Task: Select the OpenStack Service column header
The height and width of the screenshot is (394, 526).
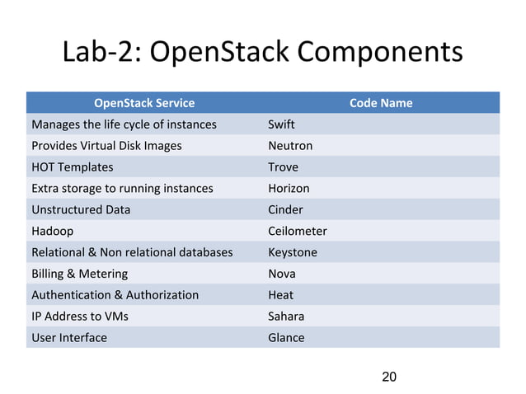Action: (144, 103)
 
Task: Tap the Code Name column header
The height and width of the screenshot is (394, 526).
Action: (381, 103)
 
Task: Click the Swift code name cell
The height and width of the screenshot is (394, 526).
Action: (281, 124)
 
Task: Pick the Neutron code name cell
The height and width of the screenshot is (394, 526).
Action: (290, 146)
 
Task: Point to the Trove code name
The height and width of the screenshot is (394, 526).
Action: (283, 167)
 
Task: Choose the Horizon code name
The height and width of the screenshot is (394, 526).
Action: (289, 189)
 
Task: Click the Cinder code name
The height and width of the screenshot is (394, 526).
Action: (285, 209)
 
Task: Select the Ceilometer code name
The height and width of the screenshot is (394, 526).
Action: (298, 231)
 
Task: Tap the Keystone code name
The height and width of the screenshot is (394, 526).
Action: (293, 252)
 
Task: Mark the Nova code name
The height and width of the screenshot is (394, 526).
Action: (281, 274)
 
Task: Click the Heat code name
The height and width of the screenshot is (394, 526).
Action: (280, 294)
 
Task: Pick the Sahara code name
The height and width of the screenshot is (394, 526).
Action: (284, 316)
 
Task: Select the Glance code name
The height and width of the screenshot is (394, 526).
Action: (286, 337)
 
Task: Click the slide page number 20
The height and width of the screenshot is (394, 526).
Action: (389, 377)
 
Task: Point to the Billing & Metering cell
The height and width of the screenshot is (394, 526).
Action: (80, 274)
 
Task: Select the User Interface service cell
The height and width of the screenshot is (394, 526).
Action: (69, 337)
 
